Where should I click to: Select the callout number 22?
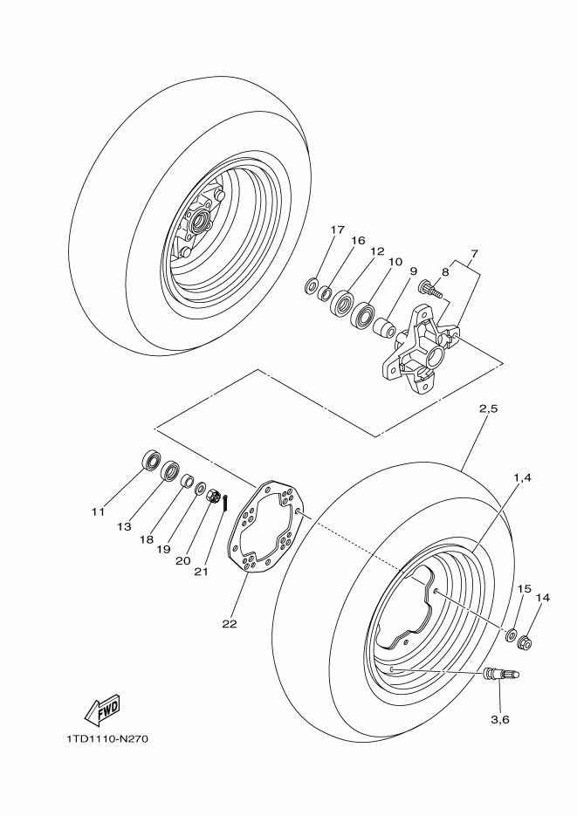[x=229, y=623]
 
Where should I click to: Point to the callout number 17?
[x=337, y=230]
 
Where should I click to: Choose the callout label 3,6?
[x=499, y=719]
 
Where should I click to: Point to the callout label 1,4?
[x=522, y=477]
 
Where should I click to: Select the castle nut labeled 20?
[x=213, y=497]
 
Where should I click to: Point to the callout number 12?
[x=376, y=251]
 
